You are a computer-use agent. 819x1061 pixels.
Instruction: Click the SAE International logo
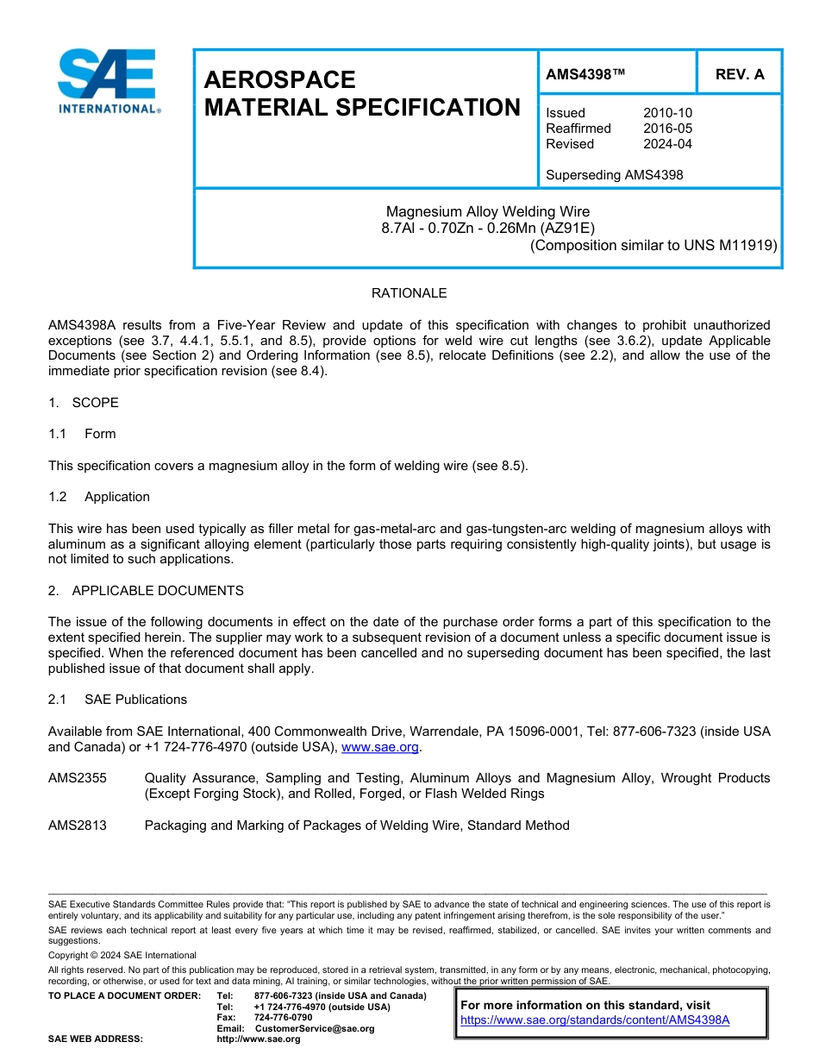pos(108,81)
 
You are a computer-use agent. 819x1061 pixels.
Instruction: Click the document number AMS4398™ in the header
pos(585,74)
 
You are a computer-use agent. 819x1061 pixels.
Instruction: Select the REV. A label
pos(739,74)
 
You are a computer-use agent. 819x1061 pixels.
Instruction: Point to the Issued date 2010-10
pos(667,113)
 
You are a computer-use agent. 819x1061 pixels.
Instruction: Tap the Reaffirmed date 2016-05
pos(667,129)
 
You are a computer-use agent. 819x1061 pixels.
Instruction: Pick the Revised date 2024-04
pos(667,144)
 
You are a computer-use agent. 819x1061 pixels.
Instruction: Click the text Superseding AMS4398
pos(614,175)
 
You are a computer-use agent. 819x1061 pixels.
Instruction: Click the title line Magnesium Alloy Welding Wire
pos(488,211)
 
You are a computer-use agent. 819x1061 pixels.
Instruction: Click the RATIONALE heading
pos(409,293)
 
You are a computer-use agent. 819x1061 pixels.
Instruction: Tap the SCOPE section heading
pos(95,403)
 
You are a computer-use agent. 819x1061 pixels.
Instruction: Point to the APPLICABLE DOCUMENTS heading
pos(157,591)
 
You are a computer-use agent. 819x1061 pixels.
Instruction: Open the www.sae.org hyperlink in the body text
pos(380,747)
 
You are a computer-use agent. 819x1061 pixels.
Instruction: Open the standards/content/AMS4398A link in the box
pos(595,1020)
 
